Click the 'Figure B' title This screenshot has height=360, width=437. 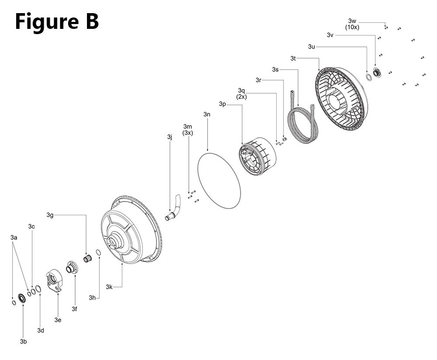click(x=57, y=21)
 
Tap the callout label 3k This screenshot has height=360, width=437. click(x=109, y=287)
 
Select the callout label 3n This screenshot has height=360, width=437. click(x=207, y=115)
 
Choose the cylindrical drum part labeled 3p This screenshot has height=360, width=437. click(x=258, y=157)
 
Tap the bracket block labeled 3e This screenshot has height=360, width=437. click(x=54, y=281)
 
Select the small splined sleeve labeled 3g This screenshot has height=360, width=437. click(x=88, y=259)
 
